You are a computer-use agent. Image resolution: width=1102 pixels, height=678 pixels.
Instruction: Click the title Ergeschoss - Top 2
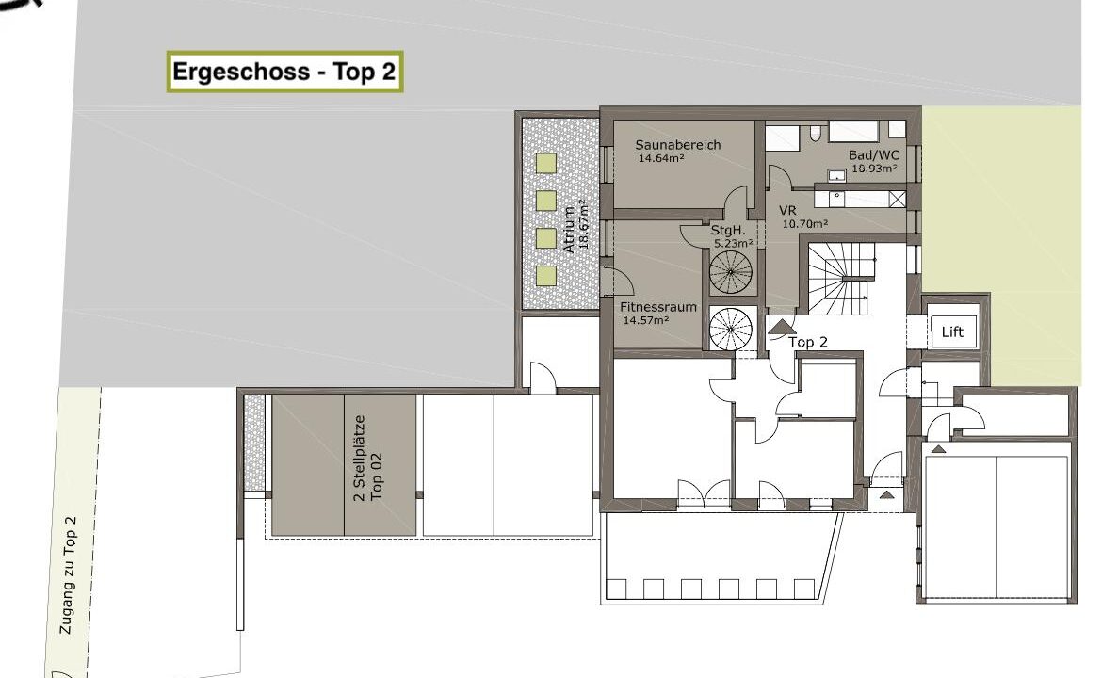284,72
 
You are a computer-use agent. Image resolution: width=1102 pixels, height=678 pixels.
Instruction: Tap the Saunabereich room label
677,145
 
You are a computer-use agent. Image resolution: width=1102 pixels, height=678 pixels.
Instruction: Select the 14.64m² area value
660,159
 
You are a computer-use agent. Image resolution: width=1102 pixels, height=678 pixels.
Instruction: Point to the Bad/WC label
873,155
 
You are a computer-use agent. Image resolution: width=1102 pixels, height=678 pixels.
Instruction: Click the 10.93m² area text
874,169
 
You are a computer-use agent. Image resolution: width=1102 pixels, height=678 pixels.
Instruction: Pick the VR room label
787,211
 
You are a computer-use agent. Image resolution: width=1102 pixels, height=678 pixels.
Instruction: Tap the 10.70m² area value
804,224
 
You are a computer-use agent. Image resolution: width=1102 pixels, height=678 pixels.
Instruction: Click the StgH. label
727,231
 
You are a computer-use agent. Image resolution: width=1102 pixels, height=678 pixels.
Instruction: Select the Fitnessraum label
657,307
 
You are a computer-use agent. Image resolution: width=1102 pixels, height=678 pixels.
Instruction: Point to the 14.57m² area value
646,320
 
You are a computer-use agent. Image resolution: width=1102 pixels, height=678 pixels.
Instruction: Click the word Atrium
569,230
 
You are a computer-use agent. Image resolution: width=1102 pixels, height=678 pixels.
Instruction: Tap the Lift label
951,331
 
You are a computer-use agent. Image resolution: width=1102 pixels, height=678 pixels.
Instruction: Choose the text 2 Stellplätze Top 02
368,458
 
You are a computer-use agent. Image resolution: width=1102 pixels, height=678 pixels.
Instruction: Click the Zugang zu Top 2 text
68,575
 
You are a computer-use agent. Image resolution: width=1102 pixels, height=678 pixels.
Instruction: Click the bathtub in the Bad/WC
853,132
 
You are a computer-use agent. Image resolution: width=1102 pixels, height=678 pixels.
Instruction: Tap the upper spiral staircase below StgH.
730,271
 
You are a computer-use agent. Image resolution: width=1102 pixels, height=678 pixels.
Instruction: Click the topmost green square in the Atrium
546,163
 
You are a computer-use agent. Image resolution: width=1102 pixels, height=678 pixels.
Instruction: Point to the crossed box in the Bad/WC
897,199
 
